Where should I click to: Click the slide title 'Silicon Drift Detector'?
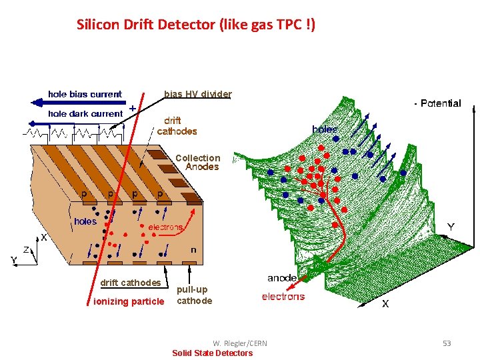[196, 25]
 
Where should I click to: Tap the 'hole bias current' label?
[85, 95]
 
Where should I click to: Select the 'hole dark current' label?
[85, 114]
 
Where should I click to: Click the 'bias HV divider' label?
[197, 94]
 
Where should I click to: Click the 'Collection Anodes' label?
[197, 163]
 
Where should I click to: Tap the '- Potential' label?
[437, 103]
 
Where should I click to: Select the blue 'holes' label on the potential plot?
[325, 129]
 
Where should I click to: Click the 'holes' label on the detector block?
[85, 221]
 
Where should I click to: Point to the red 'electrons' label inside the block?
[165, 227]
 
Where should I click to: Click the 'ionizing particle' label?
[129, 302]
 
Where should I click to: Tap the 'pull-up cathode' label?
[194, 295]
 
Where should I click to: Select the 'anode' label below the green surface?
[282, 278]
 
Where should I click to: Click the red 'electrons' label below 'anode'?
[283, 297]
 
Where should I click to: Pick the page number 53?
[447, 343]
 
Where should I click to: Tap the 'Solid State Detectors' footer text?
[213, 353]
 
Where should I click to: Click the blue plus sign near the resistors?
[133, 107]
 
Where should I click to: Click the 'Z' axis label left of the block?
[26, 249]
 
